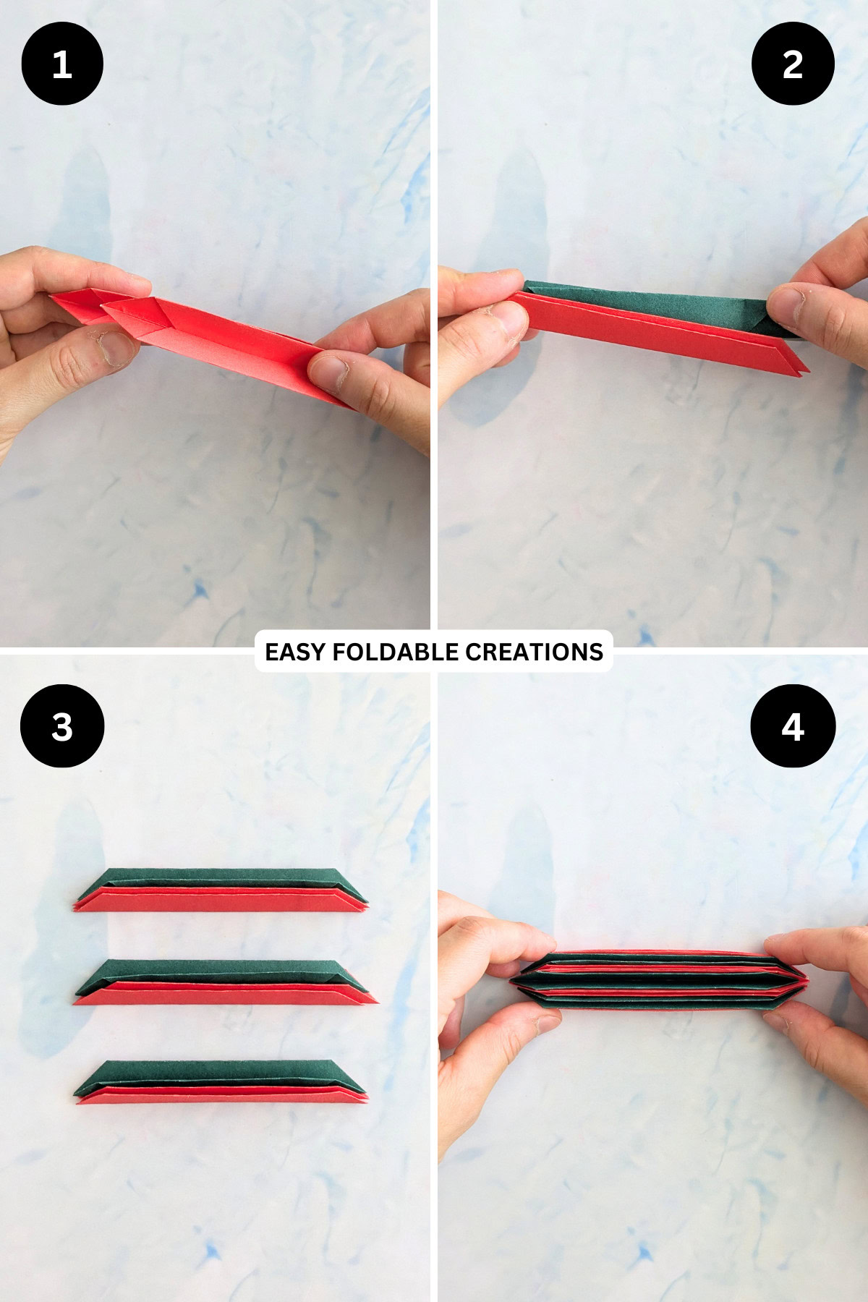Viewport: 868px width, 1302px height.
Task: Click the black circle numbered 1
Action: (62, 64)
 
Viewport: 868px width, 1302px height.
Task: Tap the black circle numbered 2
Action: (793, 64)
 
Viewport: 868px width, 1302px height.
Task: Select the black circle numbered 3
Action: (62, 726)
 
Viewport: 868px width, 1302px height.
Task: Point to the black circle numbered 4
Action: (793, 726)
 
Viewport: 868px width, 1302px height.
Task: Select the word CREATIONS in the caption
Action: (534, 652)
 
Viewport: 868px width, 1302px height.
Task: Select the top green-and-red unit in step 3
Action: (221, 890)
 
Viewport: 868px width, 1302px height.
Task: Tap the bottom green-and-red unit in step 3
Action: (221, 1081)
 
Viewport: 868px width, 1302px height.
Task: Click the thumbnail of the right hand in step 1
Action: (329, 373)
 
